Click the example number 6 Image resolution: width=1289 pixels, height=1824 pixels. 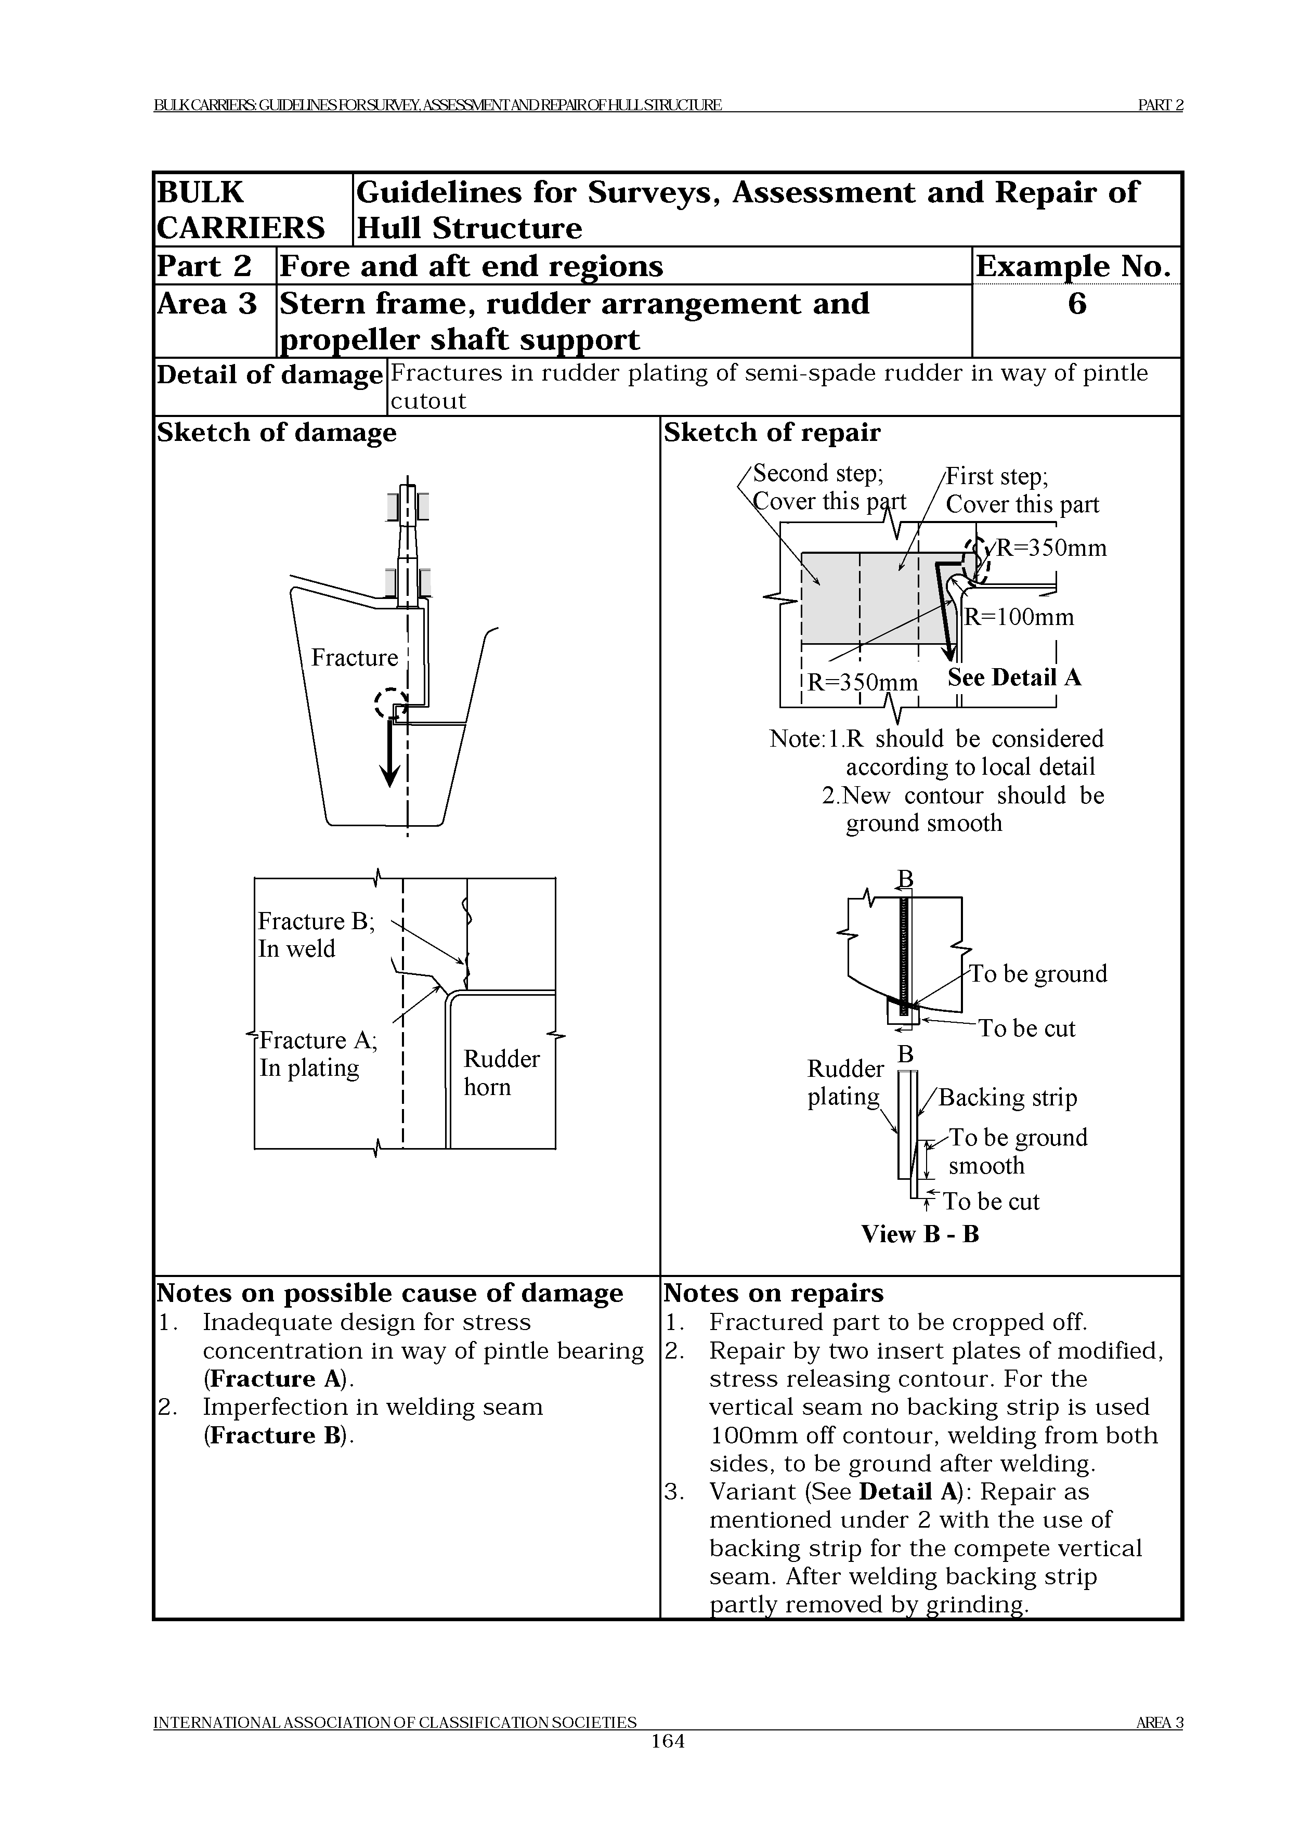coord(1076,304)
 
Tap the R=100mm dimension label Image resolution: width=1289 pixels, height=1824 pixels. coord(1019,617)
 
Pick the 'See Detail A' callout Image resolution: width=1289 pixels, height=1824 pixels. coord(1014,677)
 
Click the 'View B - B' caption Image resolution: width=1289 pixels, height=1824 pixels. coord(920,1234)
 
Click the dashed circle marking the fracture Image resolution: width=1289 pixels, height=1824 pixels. coord(390,703)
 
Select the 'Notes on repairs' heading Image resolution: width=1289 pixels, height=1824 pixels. coord(773,1293)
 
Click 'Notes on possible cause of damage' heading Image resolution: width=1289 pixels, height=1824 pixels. coord(389,1293)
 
